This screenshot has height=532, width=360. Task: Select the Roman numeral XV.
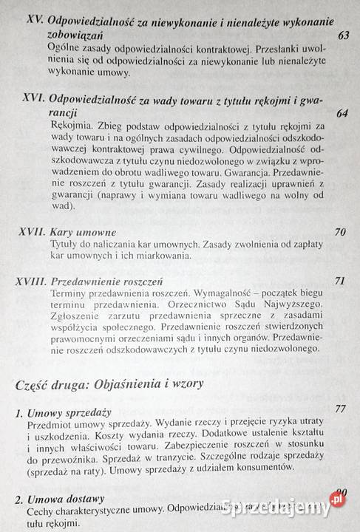pos(34,21)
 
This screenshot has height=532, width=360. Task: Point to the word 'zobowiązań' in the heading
pos(75,35)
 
